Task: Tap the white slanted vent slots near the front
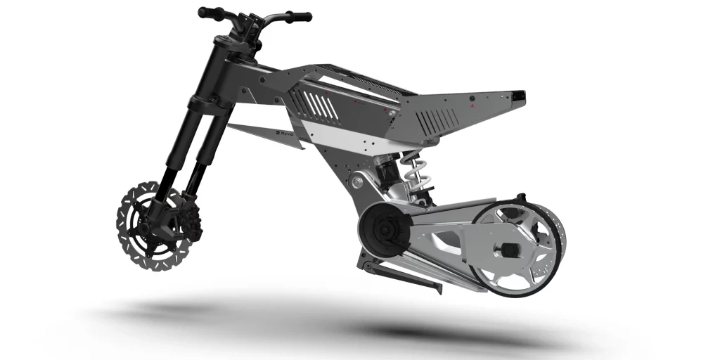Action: point(324,106)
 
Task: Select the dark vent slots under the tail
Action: point(429,122)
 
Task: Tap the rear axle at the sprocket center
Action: point(508,249)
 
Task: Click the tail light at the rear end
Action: point(519,94)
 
